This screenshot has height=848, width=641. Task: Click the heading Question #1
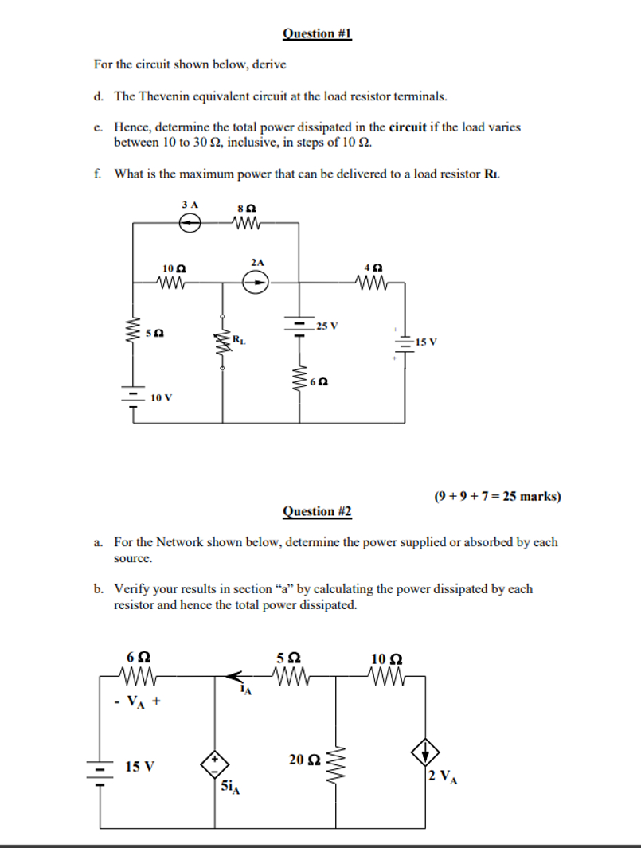(x=316, y=33)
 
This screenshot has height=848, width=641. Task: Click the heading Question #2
(x=316, y=511)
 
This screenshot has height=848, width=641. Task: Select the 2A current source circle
(x=256, y=281)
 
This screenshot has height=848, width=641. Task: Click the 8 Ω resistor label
(x=245, y=208)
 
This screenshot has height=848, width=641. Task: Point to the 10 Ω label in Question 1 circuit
(x=173, y=268)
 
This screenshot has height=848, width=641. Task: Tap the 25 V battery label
(x=326, y=326)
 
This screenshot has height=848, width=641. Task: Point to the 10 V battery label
(x=161, y=396)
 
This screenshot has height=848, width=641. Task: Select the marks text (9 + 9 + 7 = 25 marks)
(x=498, y=496)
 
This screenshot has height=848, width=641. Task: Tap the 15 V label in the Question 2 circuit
(x=140, y=767)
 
